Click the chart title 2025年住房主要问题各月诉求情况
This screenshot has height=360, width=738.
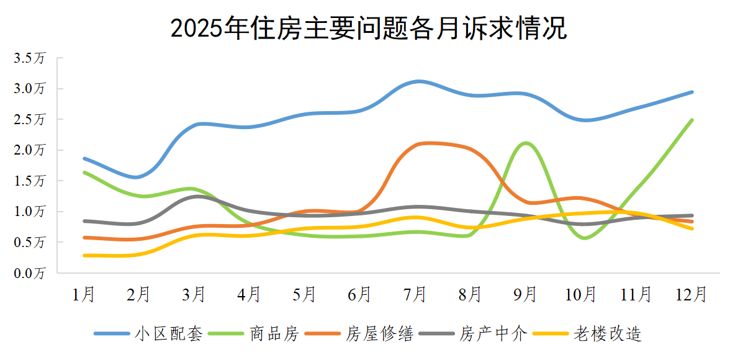369,29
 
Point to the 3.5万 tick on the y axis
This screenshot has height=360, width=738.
30,58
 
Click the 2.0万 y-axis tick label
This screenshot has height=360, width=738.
30,150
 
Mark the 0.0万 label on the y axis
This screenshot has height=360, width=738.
30,273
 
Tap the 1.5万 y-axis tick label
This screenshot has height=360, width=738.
30,181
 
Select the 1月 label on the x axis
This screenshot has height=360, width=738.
84,294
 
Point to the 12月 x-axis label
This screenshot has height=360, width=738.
692,294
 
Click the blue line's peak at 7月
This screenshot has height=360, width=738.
420,81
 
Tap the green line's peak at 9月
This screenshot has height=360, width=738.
526,143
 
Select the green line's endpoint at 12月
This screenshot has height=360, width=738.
692,120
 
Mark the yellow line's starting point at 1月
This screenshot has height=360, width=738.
84,255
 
